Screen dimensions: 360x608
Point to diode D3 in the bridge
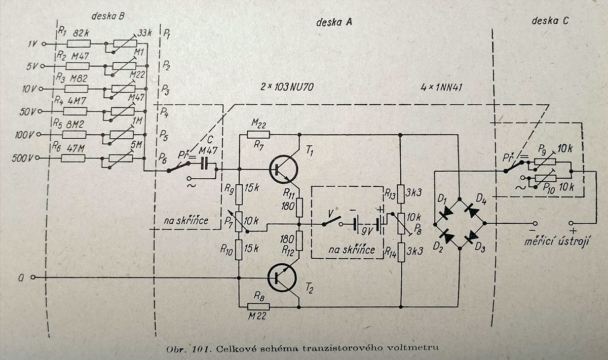click(x=471, y=235)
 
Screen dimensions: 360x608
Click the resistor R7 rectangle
click(x=259, y=134)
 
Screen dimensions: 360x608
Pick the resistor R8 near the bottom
click(x=259, y=306)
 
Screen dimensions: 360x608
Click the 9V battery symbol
click(x=367, y=223)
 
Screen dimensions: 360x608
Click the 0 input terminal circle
click(x=33, y=277)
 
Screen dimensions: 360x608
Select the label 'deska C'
click(x=551, y=21)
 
